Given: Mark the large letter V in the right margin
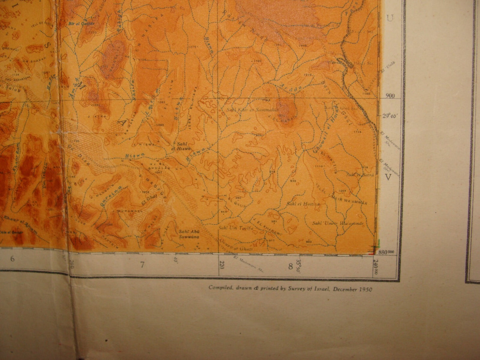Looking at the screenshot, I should point(387,177).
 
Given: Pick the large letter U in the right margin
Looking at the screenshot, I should point(390,19).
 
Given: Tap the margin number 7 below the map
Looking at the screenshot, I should point(142,265).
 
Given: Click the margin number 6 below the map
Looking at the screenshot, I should point(12,259).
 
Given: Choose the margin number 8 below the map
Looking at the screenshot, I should point(290,266).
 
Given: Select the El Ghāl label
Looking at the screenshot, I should point(149,199).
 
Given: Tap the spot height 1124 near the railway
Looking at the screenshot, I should point(357,132).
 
